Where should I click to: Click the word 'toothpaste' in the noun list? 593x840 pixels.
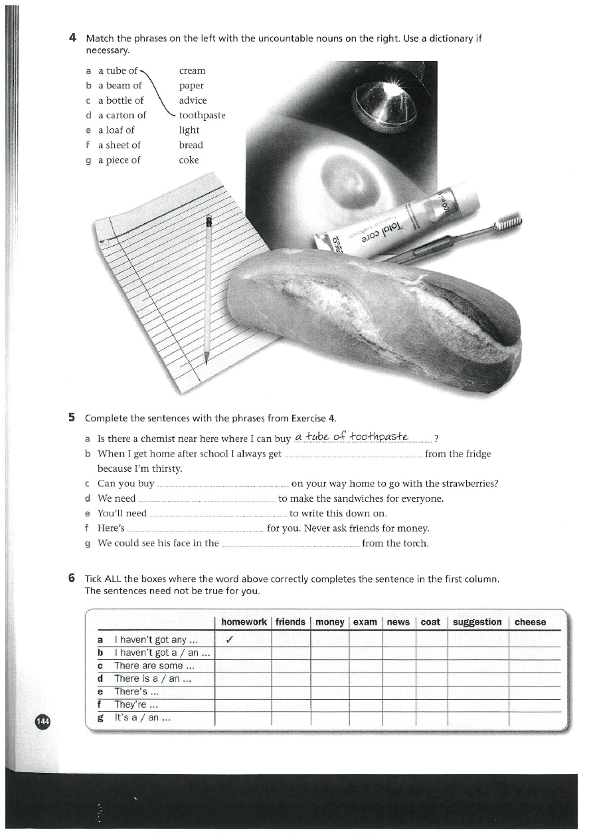(203, 116)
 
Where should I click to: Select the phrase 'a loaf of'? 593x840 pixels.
(116, 130)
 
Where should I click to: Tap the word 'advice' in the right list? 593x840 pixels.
(193, 100)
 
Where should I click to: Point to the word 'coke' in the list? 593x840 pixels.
(189, 160)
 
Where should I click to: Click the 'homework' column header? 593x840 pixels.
(244, 622)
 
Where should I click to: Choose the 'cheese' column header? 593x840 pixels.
(530, 622)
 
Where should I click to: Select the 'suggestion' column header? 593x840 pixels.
(477, 622)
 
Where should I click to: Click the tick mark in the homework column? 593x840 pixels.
(229, 640)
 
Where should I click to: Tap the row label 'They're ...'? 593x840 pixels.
(135, 704)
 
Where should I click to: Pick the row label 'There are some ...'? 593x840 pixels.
(153, 665)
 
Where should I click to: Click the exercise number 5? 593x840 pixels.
(72, 418)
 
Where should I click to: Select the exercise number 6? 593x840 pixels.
(72, 579)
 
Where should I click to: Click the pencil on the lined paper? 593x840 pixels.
(208, 286)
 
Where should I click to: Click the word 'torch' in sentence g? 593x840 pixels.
(414, 544)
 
